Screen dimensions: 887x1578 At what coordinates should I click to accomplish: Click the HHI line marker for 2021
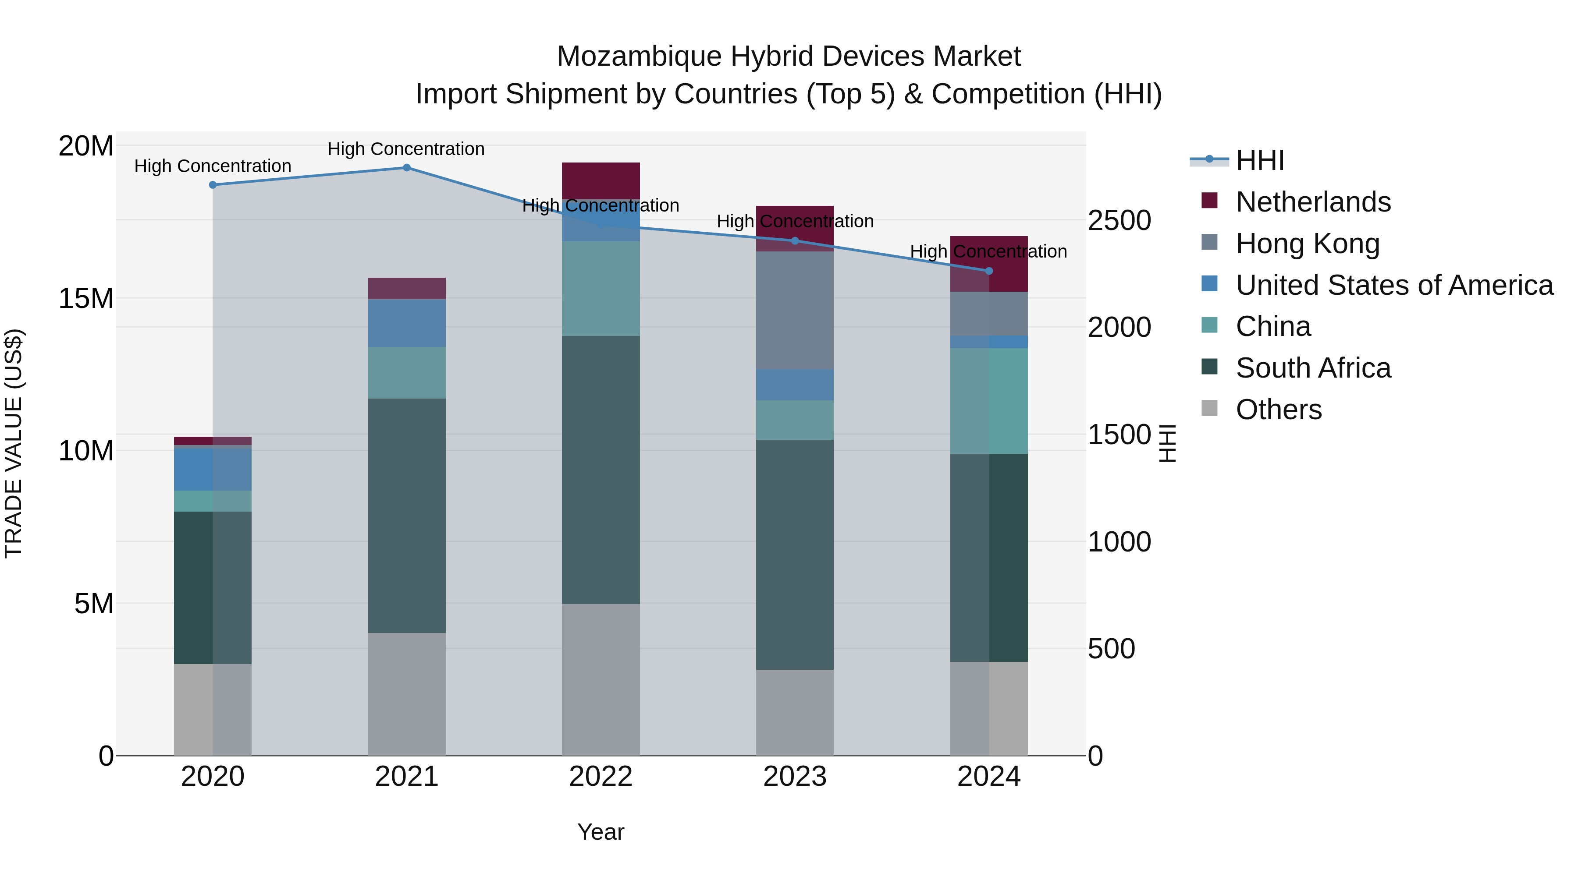407,168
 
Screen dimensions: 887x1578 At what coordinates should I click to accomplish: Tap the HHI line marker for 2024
989,271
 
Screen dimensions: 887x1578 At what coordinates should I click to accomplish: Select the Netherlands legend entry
1313,202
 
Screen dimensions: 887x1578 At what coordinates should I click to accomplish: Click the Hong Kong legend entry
1307,244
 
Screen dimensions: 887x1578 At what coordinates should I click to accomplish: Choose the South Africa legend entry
1313,368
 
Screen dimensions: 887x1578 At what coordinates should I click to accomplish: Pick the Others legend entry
1279,410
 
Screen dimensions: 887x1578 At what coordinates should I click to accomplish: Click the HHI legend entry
1259,160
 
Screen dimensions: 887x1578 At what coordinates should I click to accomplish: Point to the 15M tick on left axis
86,299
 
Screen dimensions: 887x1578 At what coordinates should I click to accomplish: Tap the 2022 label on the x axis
601,777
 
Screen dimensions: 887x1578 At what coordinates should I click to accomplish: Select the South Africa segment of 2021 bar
407,516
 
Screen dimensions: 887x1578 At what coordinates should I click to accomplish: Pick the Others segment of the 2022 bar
601,679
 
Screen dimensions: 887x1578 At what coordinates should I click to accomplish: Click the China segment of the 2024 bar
989,401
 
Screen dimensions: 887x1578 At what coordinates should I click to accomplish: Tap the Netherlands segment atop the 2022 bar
601,180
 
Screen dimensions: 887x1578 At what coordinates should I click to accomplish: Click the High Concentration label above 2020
213,166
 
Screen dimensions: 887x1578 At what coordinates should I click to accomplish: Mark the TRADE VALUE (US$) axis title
14,443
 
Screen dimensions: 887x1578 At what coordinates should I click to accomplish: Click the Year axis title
601,832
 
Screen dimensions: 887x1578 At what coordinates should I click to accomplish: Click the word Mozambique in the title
639,57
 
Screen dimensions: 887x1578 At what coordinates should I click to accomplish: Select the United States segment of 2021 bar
407,323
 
